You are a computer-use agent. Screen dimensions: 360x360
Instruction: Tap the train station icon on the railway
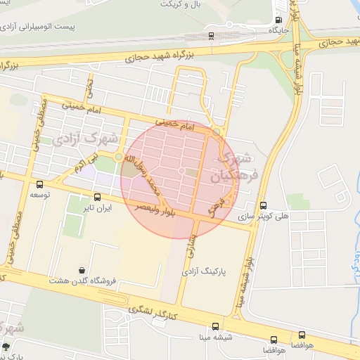coord(212,35)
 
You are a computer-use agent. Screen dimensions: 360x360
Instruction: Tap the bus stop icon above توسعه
coord(39,184)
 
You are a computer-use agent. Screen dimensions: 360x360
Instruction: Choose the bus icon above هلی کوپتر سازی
coord(264,206)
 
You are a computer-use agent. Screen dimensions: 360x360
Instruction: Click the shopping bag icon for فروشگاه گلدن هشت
coord(84,270)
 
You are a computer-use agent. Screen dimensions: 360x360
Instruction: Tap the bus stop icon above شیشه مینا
coord(215,326)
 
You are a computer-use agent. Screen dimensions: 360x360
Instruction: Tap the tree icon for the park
coord(7,347)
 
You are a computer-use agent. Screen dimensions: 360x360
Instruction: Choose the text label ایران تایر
coord(97,208)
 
